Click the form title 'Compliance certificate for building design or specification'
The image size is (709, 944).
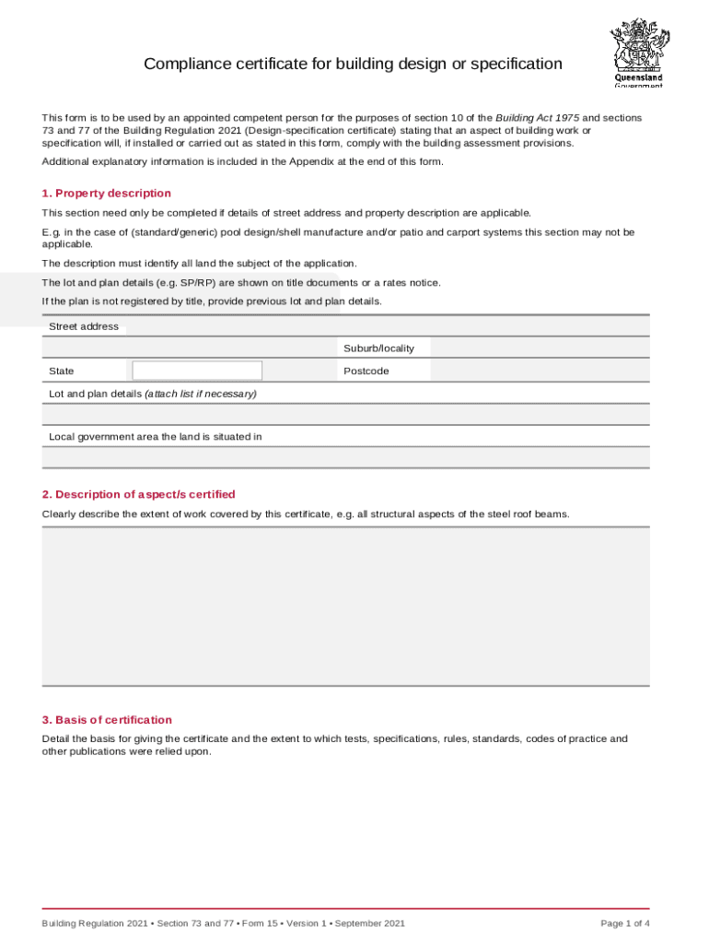point(353,64)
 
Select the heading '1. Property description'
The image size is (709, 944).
point(106,194)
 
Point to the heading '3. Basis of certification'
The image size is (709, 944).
point(107,720)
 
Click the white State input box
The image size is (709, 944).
point(197,371)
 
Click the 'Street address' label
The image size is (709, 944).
point(84,326)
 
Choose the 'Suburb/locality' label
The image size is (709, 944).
point(378,348)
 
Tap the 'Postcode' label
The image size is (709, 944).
point(366,371)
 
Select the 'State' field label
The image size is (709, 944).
point(62,371)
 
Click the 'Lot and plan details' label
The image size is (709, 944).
point(153,394)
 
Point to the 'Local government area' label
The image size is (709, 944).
point(156,437)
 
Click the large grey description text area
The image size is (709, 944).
point(345,606)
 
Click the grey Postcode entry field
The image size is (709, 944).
point(540,371)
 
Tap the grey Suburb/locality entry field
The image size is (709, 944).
point(540,348)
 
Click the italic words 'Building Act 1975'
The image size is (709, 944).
point(538,118)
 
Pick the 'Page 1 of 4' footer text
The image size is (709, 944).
point(625,923)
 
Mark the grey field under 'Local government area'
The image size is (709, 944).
point(345,457)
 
